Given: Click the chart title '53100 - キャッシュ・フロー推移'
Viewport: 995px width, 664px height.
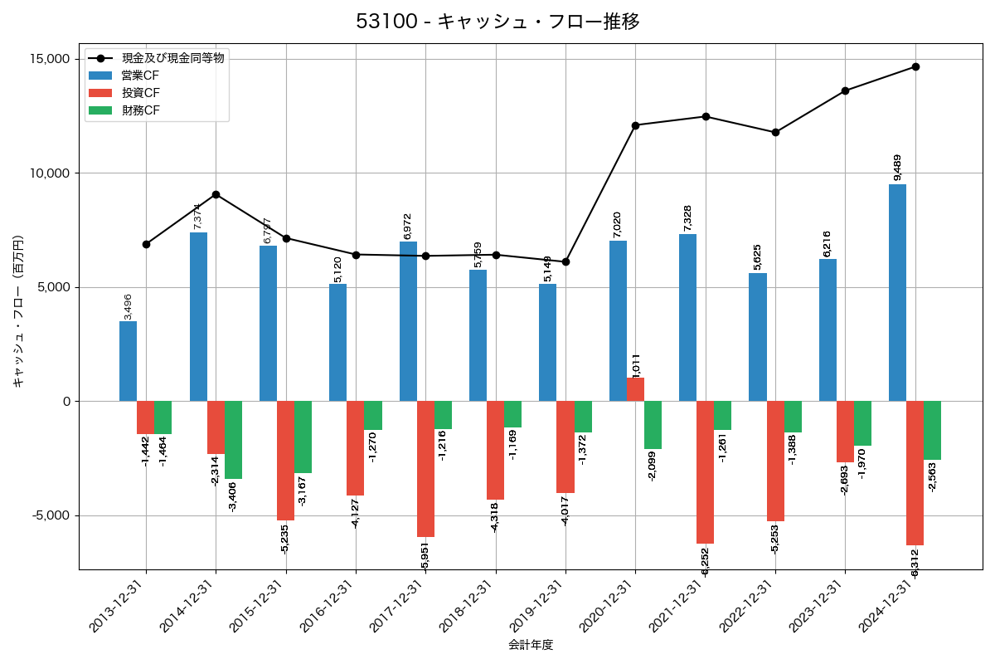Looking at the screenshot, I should point(498,22).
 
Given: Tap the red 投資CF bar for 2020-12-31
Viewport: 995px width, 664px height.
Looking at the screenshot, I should point(635,389).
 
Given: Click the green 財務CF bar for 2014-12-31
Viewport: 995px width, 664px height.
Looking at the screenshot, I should point(233,440).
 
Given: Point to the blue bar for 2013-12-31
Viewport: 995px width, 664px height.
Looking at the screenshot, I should point(128,361).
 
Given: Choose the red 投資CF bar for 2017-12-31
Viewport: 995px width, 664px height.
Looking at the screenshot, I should point(425,469).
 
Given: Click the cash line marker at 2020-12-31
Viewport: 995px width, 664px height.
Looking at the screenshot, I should point(635,125).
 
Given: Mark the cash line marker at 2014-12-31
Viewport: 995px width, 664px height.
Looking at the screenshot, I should point(216,194).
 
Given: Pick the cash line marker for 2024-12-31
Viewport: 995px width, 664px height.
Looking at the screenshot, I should point(915,66).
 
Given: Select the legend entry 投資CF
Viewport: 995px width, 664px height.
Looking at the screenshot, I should point(140,93).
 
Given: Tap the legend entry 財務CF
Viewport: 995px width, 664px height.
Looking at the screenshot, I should point(140,110).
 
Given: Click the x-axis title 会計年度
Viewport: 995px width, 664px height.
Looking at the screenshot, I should point(531,644).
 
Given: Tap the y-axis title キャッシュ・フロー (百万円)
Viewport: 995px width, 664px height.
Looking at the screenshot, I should point(18,311).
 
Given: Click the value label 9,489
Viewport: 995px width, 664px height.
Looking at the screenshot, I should point(898,167).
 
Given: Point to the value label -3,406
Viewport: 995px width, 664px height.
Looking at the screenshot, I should point(233,496).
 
